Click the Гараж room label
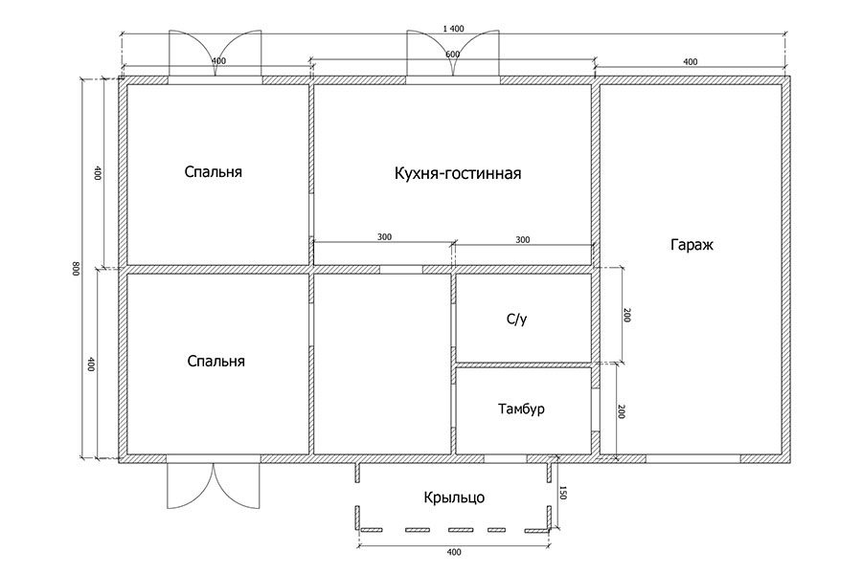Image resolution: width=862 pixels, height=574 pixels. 692,245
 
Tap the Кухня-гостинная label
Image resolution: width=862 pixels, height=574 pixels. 458,173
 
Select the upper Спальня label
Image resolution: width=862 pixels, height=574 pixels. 214,172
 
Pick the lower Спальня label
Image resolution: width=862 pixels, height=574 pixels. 216,362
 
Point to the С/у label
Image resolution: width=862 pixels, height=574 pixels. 517,320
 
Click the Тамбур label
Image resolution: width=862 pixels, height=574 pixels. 521,409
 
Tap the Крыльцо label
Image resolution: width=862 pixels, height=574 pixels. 454,497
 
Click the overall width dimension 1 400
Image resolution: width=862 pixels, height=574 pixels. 454,29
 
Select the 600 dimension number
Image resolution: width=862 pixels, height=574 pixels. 452,55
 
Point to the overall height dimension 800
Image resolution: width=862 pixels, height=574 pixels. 77,269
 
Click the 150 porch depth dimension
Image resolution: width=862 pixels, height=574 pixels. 562,493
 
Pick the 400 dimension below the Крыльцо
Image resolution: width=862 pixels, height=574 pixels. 455,552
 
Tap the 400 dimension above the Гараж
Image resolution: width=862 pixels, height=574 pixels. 691,62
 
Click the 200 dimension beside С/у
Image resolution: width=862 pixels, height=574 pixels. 627,316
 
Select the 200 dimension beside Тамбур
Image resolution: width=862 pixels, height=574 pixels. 622,412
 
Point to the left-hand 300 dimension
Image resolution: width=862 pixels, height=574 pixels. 385,236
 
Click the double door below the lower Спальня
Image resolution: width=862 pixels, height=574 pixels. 214,486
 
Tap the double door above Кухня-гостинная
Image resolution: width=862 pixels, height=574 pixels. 453,54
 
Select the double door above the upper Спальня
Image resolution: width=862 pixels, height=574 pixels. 215,54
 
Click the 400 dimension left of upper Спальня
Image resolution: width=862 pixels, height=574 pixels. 98,173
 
